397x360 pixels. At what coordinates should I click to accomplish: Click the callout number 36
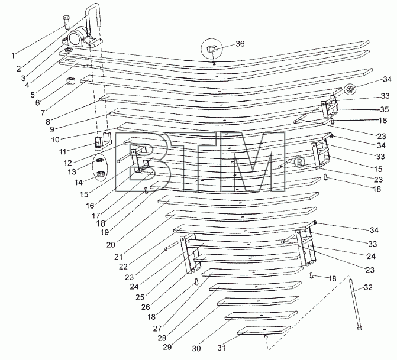tap(240, 44)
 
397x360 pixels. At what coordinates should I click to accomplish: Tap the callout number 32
tap(369, 287)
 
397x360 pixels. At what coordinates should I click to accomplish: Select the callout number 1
tap(13, 56)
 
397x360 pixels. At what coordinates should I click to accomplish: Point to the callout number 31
tap(221, 348)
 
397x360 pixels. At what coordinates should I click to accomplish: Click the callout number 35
tap(385, 109)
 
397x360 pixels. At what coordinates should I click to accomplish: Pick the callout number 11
tap(63, 151)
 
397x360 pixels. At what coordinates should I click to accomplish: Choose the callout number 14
tap(79, 182)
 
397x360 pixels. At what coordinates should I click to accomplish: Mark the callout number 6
tap(37, 102)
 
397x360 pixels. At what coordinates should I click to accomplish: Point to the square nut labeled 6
tap(70, 81)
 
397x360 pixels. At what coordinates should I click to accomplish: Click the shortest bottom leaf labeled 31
tap(264, 330)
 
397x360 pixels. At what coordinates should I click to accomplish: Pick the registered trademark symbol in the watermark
tap(299, 162)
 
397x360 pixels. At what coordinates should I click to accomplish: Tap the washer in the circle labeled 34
tap(350, 89)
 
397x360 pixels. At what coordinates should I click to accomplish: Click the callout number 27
tap(157, 329)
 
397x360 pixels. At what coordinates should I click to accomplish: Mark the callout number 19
tap(105, 232)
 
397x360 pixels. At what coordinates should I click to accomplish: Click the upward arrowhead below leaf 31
tap(265, 336)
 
